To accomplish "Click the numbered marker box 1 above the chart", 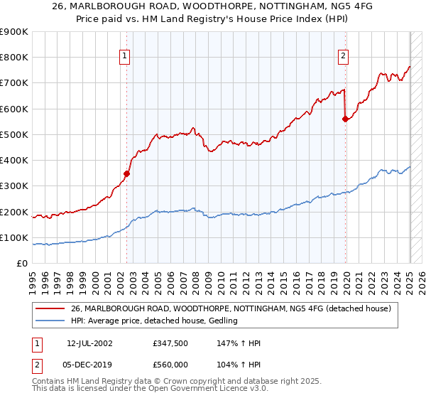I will point(125,57).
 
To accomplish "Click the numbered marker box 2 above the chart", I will point(343,57).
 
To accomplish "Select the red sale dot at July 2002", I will point(127,173).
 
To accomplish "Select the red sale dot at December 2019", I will point(345,119).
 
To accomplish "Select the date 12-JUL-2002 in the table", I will point(90,343).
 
